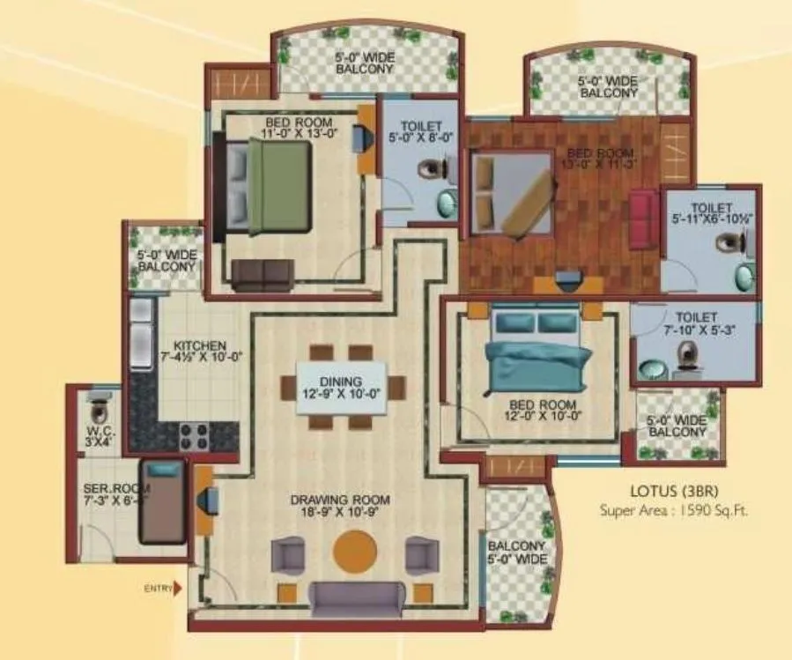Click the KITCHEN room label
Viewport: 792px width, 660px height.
point(200,352)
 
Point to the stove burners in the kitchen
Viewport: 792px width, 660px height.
point(193,434)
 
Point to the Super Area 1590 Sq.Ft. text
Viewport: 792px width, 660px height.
point(674,509)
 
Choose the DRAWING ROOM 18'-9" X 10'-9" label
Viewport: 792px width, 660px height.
point(340,507)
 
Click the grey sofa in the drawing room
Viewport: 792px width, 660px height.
point(358,600)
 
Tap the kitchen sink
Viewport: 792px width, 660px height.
point(141,333)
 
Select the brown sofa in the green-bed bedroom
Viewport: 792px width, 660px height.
point(261,274)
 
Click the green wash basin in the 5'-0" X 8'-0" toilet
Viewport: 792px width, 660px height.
point(448,203)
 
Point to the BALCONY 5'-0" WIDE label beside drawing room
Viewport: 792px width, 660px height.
point(517,553)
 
